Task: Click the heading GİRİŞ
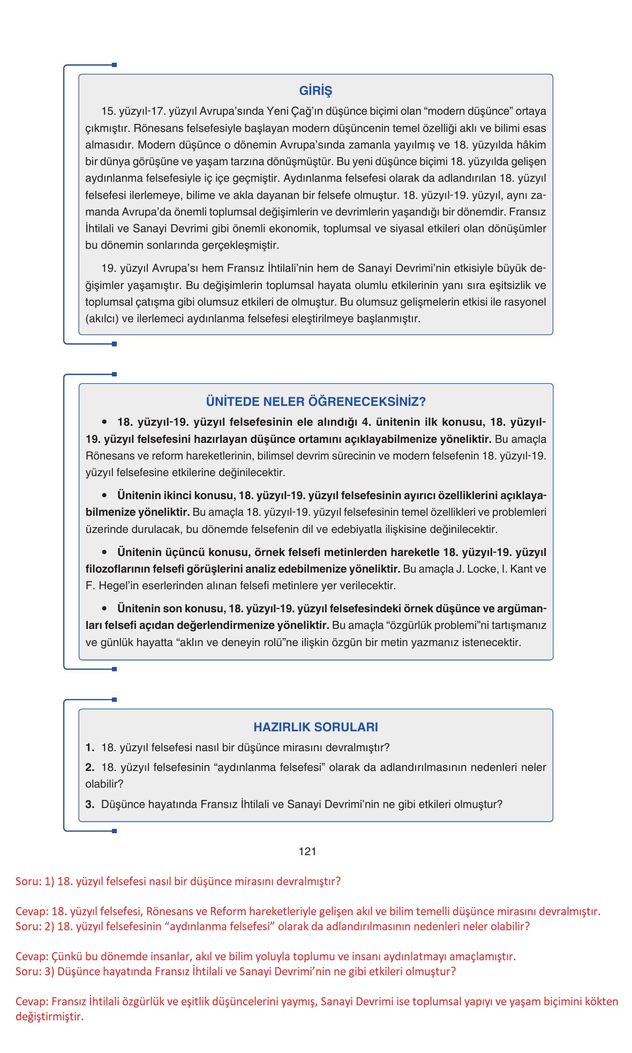(315, 91)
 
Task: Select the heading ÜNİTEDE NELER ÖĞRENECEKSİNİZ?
(315, 402)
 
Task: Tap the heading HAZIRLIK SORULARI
(315, 727)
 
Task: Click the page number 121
(307, 851)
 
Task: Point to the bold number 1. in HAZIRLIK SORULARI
(89, 747)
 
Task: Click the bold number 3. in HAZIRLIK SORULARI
(89, 804)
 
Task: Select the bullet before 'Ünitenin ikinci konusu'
(106, 495)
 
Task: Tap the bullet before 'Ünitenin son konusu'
(106, 609)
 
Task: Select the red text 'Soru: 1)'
(35, 881)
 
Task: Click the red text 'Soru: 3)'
(35, 972)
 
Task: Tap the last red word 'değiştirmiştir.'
(49, 1017)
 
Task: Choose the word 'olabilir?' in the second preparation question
(104, 784)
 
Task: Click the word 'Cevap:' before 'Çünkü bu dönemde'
(32, 956)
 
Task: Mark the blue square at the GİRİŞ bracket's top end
(114, 65)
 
